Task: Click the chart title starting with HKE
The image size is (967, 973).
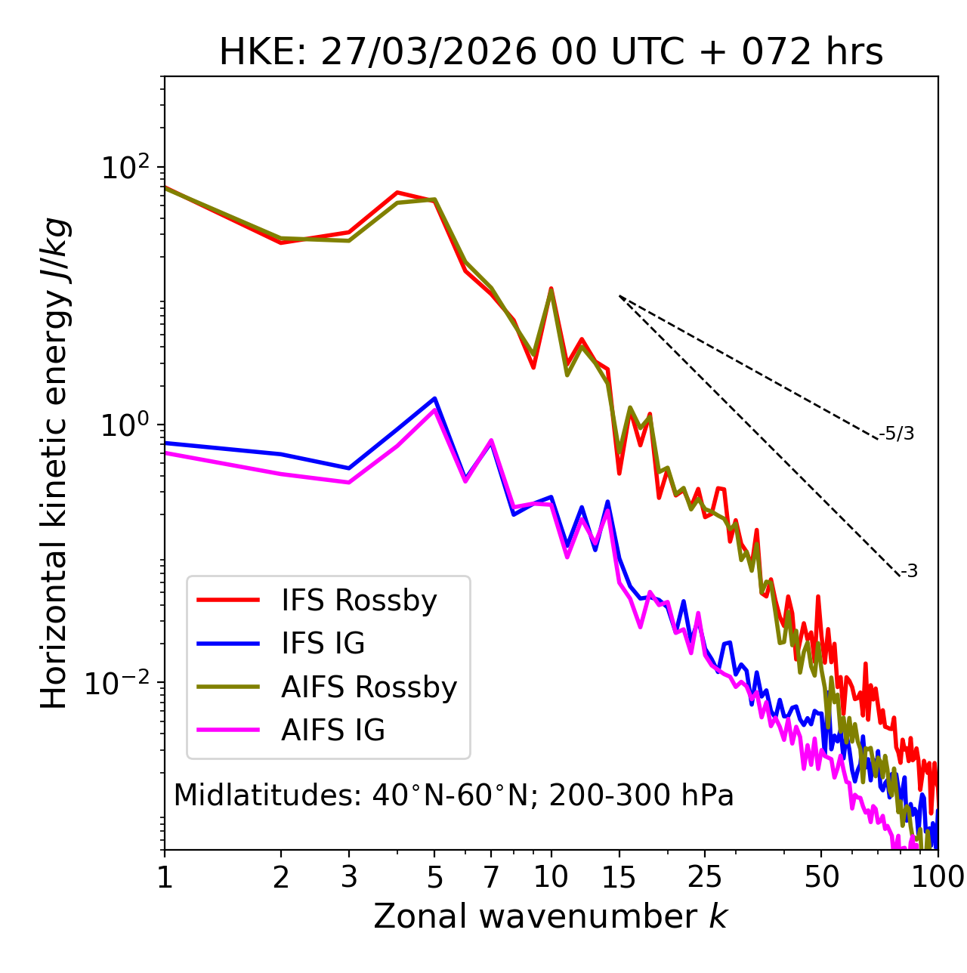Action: (551, 52)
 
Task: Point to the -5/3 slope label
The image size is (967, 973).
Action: (897, 434)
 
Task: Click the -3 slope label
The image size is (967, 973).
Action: (909, 572)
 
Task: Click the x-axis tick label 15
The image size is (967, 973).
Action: (619, 877)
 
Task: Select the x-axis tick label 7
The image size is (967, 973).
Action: (491, 877)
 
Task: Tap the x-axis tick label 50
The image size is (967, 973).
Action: (821, 877)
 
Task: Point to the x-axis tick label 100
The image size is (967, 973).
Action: (938, 877)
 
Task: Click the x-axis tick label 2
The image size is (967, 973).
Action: (281, 877)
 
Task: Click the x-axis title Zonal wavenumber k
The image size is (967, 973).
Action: (551, 916)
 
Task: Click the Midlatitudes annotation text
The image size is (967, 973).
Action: (453, 795)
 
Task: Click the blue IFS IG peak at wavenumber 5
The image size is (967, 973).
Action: (434, 398)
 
